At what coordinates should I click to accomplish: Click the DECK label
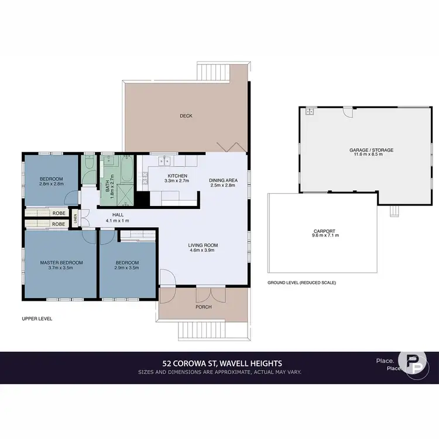186,116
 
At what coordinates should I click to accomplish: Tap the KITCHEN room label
177,176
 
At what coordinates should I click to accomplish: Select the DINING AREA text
223,180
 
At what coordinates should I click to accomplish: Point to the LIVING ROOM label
203,245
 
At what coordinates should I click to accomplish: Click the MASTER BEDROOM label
61,262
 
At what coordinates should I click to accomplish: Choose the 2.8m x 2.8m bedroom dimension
52,184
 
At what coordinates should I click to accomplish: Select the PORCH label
204,307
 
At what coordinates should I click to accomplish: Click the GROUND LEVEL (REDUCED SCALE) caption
301,282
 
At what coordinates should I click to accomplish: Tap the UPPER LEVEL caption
37,319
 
